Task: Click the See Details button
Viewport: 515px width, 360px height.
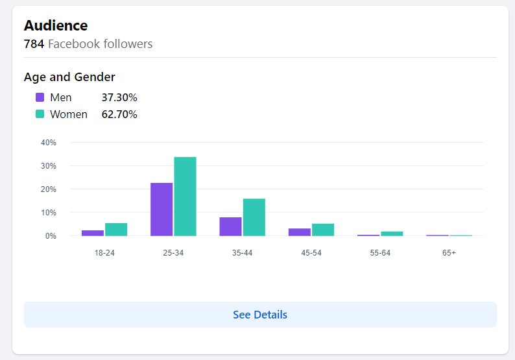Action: [260, 315]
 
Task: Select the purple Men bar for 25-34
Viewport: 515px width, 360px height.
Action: [162, 209]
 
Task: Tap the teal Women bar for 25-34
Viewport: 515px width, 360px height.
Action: [185, 196]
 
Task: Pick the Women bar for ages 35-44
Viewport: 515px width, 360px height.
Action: [254, 217]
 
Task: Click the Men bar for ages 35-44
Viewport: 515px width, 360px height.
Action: [230, 226]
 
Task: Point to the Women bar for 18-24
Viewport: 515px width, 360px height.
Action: [116, 229]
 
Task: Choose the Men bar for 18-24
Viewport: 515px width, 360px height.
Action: [93, 233]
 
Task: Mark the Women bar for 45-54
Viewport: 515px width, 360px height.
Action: [322, 230]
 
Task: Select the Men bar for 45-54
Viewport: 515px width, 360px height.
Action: [299, 232]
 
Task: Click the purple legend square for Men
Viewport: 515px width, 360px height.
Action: [40, 97]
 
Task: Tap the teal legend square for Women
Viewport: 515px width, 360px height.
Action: [40, 114]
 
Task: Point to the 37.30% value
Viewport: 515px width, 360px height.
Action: [119, 97]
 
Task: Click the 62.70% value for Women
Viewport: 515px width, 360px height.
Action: [119, 114]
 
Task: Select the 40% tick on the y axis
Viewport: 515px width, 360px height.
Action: [49, 143]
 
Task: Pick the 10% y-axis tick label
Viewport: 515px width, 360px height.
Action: [49, 213]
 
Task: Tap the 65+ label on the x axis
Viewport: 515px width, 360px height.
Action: [449, 252]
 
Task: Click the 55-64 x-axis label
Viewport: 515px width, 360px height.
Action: [380, 252]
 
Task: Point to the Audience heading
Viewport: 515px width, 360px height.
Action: [56, 26]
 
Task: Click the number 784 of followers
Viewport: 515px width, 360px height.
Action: [34, 44]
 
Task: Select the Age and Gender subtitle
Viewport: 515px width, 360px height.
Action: [69, 77]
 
